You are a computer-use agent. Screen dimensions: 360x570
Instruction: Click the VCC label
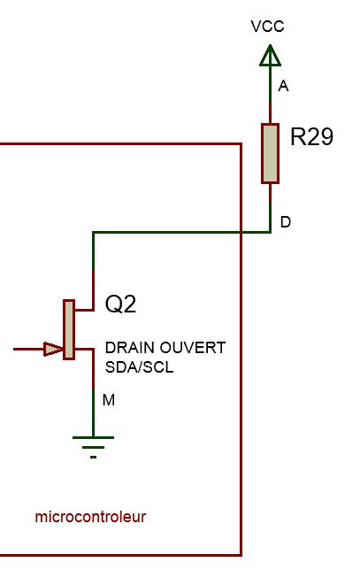point(267,27)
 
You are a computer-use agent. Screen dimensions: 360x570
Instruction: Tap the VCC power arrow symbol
point(270,56)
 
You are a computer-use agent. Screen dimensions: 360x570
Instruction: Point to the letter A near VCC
point(283,86)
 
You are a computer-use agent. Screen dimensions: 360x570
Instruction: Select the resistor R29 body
point(271,153)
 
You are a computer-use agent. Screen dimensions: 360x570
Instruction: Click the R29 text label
point(311,136)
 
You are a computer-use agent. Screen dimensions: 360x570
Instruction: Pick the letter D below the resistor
point(286,222)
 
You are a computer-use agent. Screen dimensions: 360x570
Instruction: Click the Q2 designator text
point(120,304)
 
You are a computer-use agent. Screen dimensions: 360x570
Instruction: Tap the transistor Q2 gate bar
point(69,330)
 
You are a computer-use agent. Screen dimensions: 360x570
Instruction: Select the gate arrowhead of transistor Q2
point(53,349)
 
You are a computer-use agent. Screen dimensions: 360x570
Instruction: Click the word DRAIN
point(130,348)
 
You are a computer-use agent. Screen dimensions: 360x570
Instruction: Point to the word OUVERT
point(193,348)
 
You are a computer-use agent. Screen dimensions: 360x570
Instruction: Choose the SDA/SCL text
point(139,367)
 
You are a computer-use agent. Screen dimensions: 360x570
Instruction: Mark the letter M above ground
point(109,400)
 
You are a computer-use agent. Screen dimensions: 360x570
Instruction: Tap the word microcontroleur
point(90,517)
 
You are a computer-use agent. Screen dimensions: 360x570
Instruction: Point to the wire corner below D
point(271,232)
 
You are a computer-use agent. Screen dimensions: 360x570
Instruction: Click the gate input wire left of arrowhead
point(28,349)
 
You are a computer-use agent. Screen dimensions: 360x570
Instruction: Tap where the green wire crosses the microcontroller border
point(241,232)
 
